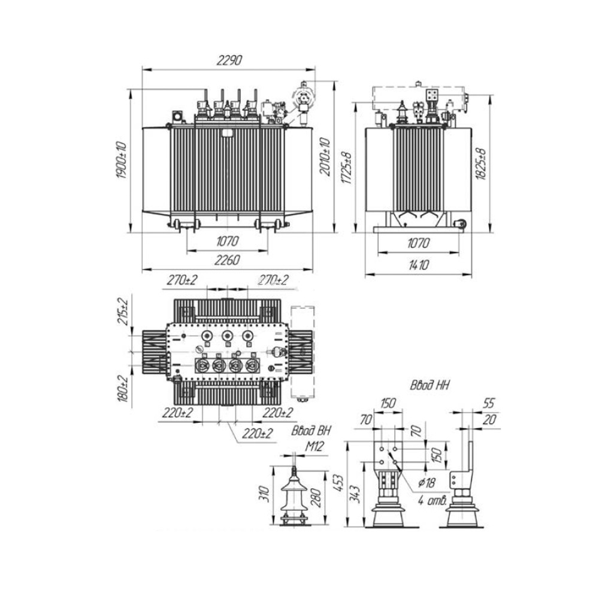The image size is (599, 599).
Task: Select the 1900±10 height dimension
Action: tap(122, 161)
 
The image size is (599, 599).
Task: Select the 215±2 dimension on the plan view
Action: tap(123, 311)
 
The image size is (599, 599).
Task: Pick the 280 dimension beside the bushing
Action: tap(319, 497)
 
